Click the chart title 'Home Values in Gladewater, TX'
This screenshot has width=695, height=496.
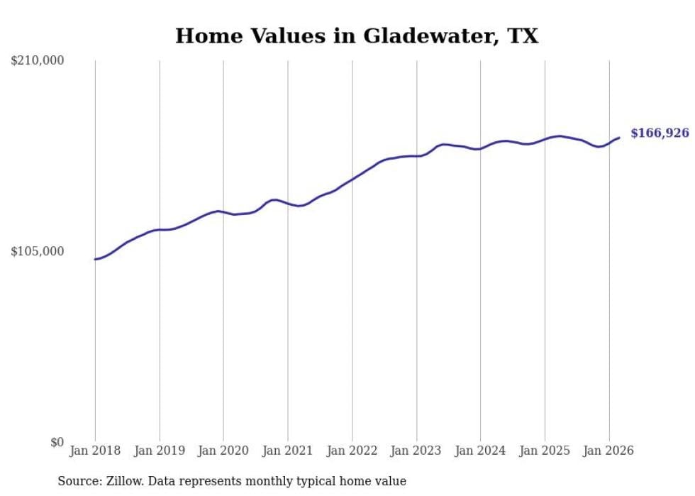[x=357, y=36]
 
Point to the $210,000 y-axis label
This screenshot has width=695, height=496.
[x=38, y=61]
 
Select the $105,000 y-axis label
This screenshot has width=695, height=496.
[x=38, y=251]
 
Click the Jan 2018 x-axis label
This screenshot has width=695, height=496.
[x=95, y=451]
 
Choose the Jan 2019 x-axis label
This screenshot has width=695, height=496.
[x=160, y=451]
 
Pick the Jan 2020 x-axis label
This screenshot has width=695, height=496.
[x=223, y=451]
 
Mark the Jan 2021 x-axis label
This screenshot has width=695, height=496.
[x=288, y=451]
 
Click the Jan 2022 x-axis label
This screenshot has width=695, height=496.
[x=352, y=451]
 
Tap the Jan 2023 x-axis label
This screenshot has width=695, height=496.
[x=416, y=451]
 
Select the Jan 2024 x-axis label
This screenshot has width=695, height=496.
[x=481, y=451]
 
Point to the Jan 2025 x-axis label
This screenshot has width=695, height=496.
[x=545, y=451]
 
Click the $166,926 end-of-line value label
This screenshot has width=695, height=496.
[x=660, y=133]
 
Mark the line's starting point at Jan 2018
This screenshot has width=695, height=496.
[x=95, y=259]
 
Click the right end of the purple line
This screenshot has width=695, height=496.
[x=619, y=138]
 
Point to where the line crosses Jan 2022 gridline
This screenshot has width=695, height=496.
[x=352, y=180]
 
